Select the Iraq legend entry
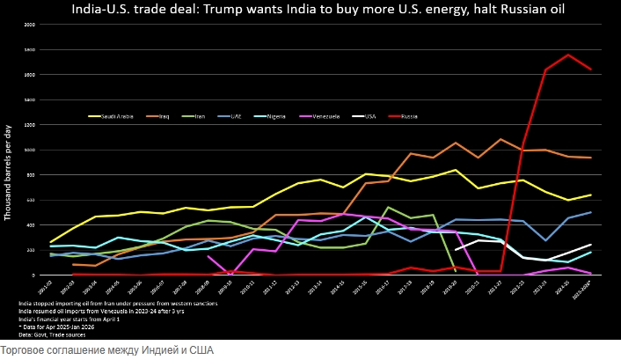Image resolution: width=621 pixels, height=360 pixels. click(x=162, y=115)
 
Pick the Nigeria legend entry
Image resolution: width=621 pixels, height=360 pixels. click(x=274, y=115)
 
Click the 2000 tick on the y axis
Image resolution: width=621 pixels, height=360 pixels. click(x=31, y=25)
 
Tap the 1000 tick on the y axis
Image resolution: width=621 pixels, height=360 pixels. click(x=31, y=150)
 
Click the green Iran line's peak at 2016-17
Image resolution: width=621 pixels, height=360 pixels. click(x=389, y=208)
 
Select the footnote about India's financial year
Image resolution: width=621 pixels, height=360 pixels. click(x=68, y=319)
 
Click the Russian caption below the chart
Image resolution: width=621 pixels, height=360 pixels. click(x=106, y=350)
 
